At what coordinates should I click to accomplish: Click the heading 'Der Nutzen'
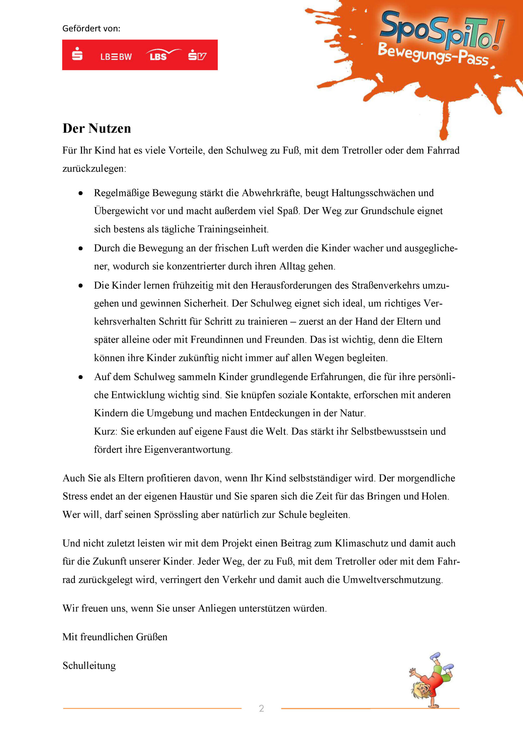click(97, 128)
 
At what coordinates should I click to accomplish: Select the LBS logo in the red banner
click(159, 56)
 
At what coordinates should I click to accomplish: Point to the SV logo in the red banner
click(197, 55)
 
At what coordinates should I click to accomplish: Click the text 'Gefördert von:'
click(91, 29)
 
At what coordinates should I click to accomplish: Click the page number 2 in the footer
click(261, 708)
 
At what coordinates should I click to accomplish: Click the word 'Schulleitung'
click(89, 665)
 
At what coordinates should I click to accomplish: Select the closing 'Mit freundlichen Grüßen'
click(115, 637)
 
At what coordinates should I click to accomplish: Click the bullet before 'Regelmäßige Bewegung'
click(81, 193)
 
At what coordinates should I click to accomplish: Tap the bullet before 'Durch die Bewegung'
click(81, 249)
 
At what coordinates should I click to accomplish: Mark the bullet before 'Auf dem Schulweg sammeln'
click(81, 377)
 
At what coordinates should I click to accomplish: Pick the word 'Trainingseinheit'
click(232, 229)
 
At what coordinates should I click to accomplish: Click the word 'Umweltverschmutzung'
click(392, 580)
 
